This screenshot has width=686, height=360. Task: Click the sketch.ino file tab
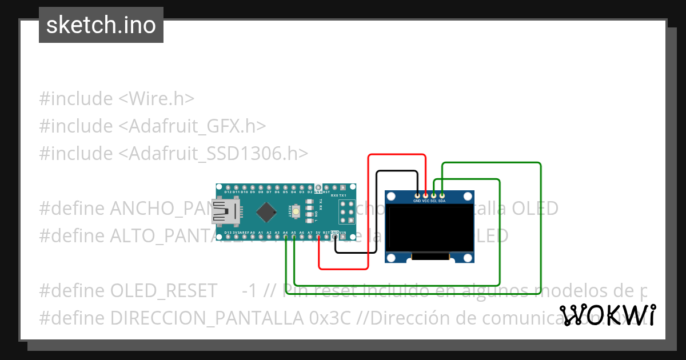click(x=101, y=25)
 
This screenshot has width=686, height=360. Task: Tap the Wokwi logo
click(x=608, y=315)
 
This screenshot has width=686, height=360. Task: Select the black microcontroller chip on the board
click(x=267, y=212)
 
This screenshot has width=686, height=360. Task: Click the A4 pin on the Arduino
click(x=285, y=237)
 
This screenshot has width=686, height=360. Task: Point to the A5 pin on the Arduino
click(x=293, y=237)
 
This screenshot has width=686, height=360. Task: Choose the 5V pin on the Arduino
click(x=318, y=237)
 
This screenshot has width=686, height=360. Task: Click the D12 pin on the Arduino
click(x=228, y=187)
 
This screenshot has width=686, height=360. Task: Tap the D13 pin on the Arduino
click(x=228, y=237)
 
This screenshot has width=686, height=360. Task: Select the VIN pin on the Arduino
click(x=343, y=237)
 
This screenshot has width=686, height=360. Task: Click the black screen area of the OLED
click(x=430, y=228)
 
